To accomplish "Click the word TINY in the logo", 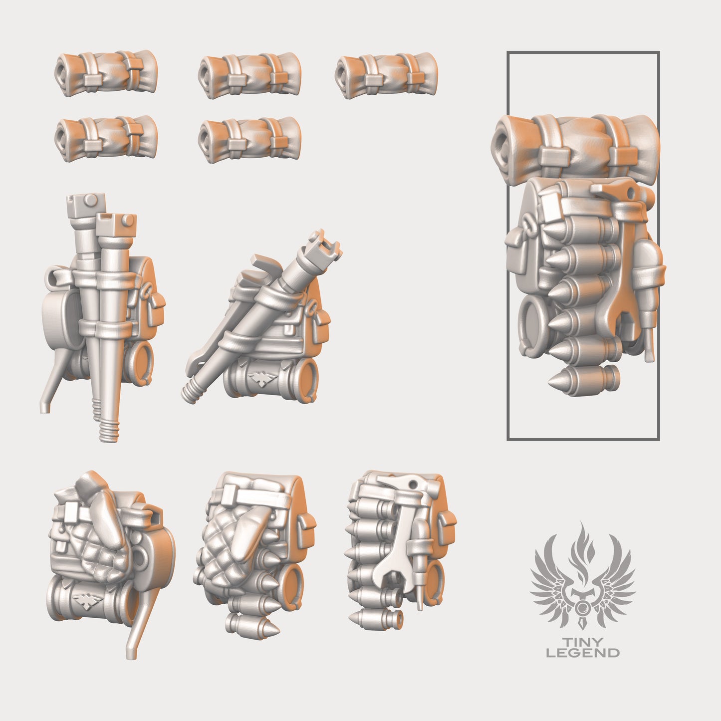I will click(583, 642).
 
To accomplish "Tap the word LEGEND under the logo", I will click(583, 653).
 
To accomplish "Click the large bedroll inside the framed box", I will click(576, 145).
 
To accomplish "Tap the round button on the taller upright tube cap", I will click(90, 200).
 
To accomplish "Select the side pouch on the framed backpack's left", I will click(516, 254).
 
